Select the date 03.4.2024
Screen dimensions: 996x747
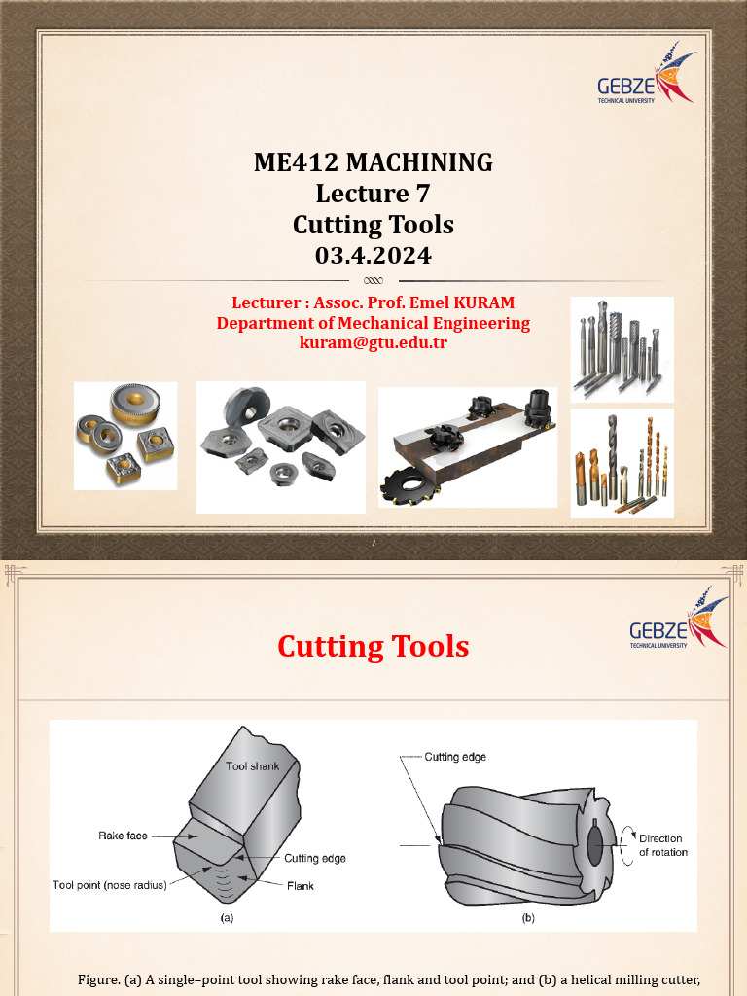pyautogui.click(x=373, y=256)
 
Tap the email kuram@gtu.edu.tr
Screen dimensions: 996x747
pyautogui.click(x=373, y=342)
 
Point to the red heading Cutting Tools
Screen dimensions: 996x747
pyautogui.click(x=373, y=647)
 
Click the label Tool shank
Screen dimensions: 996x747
pyautogui.click(x=252, y=766)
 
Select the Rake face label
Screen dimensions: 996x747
pyautogui.click(x=123, y=836)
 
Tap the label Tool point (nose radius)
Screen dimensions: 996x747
pyautogui.click(x=110, y=885)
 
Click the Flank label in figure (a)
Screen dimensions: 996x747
pyautogui.click(x=300, y=886)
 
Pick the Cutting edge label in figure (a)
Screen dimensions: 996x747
pyautogui.click(x=314, y=859)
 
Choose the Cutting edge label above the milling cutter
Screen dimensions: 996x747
pyautogui.click(x=455, y=757)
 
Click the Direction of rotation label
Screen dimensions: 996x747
pyautogui.click(x=662, y=845)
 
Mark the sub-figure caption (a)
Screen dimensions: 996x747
pyautogui.click(x=227, y=917)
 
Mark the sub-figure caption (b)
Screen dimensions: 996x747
pyautogui.click(x=528, y=917)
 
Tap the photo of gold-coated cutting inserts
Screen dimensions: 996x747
pyautogui.click(x=125, y=435)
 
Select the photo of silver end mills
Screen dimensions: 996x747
pyautogui.click(x=622, y=349)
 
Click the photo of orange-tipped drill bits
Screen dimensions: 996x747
pyautogui.click(x=622, y=464)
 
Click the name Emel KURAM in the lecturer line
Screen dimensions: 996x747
pyautogui.click(x=465, y=303)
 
